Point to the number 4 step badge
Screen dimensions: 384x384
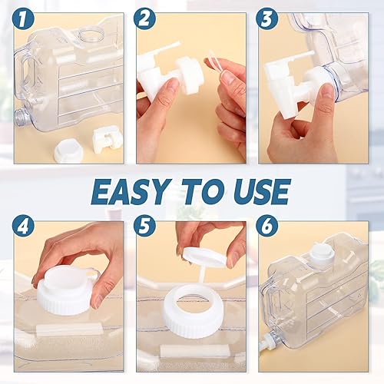click(x=25, y=227)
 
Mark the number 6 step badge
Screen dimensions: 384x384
click(x=267, y=227)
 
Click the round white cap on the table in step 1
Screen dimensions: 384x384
click(x=68, y=151)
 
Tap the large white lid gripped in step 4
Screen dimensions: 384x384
click(x=66, y=290)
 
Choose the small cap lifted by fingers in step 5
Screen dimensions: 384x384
click(x=204, y=257)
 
